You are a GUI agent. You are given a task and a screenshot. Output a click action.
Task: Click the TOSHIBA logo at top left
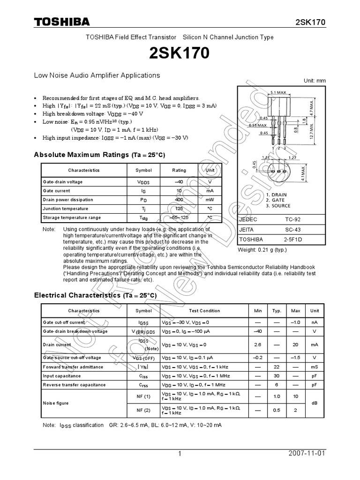62,22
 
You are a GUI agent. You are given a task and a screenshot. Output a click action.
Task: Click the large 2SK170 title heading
180,54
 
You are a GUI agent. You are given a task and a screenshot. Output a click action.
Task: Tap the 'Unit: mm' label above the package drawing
315,81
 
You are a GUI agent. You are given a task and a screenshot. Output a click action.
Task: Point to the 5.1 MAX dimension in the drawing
278,93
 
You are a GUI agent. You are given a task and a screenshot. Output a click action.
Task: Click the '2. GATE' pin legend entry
276,200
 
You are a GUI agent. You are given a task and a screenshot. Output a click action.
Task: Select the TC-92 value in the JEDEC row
293,219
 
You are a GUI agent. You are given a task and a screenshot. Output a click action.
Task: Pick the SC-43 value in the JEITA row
293,229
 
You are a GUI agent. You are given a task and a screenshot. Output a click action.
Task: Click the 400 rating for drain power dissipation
179,200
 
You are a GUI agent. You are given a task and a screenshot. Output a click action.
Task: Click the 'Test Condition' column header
204,311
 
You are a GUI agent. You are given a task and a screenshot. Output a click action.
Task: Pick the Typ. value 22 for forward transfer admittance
277,367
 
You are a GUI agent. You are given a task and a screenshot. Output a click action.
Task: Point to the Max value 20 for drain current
295,345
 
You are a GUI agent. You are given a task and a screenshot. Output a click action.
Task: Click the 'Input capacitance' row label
61,376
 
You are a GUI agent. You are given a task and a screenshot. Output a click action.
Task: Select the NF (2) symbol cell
143,411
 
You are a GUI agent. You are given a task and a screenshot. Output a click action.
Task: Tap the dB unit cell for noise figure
315,403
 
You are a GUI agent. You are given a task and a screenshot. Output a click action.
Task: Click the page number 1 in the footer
180,454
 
